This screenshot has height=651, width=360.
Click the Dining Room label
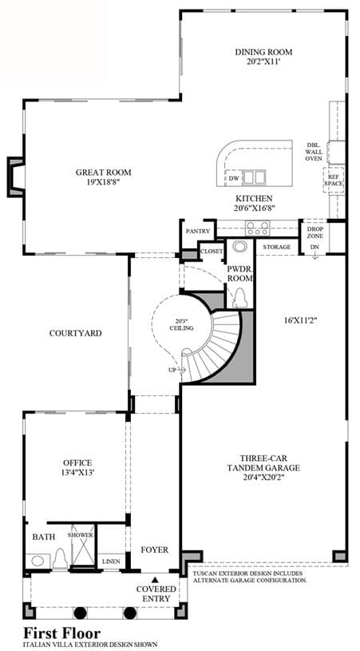[263, 52]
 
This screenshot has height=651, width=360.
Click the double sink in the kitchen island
[255, 177]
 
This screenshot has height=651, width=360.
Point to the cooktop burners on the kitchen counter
[257, 228]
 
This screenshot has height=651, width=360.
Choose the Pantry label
[198, 232]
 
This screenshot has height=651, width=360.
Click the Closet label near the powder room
[212, 252]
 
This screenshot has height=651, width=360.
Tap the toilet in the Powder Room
[239, 298]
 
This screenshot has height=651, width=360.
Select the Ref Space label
[334, 180]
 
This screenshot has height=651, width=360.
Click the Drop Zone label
[315, 232]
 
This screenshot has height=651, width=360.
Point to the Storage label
[277, 247]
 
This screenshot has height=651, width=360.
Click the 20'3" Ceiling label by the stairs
[182, 324]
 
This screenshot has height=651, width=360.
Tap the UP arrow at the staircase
[176, 369]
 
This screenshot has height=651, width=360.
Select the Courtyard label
[76, 333]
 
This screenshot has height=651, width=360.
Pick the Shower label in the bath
[81, 535]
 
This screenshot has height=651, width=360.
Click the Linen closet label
[111, 562]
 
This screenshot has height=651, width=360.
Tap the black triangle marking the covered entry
[155, 579]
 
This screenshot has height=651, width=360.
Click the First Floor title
[61, 633]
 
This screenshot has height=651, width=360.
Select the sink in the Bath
[38, 562]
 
